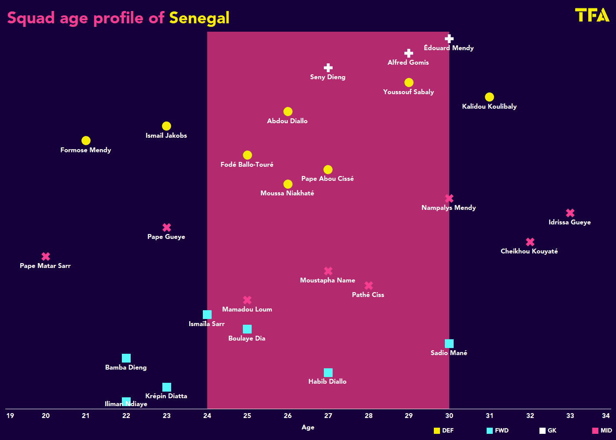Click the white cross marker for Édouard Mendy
(449, 39)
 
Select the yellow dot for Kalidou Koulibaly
(489, 97)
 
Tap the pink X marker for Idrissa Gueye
(570, 213)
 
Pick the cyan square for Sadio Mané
(449, 344)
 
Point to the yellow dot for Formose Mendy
(86, 140)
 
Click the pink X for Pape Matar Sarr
(46, 256)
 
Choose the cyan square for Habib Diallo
(328, 373)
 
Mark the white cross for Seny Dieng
(328, 68)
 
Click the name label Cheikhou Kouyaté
(529, 251)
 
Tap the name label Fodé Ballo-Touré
(247, 165)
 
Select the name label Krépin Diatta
(166, 396)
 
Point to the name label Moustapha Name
(327, 280)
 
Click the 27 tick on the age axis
(328, 415)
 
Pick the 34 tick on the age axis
(606, 415)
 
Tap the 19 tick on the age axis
(10, 415)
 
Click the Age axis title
(308, 427)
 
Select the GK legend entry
(548, 431)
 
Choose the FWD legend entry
(498, 431)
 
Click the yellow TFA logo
(592, 15)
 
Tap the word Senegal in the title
(199, 18)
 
